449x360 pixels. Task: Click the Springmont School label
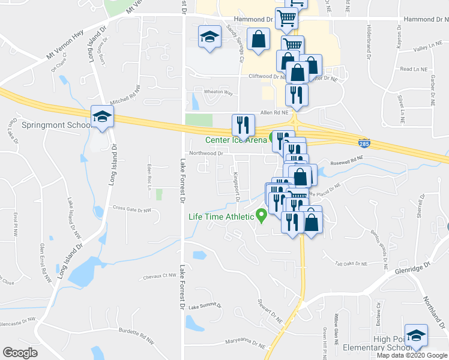(55, 126)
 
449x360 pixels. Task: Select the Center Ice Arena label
(236, 140)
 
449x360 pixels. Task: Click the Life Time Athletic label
(221, 217)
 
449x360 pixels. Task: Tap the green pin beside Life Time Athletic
(261, 214)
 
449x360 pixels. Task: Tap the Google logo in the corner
(20, 352)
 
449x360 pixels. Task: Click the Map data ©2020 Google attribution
(411, 355)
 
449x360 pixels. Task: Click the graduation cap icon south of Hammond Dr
(209, 37)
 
